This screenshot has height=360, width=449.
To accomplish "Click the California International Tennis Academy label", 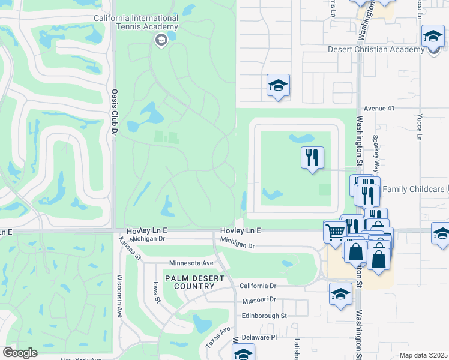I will pyautogui.click(x=136, y=22).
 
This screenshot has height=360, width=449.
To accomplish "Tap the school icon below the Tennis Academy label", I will pyautogui.click(x=161, y=40).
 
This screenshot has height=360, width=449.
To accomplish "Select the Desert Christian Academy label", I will pyautogui.click(x=376, y=50).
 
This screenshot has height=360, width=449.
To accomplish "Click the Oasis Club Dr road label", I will pyautogui.click(x=114, y=112).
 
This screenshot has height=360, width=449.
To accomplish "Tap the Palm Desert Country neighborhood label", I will pyautogui.click(x=190, y=282).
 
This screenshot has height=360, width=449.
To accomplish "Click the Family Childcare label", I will pyautogui.click(x=414, y=189).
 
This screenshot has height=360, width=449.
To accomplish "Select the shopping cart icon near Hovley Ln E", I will pyautogui.click(x=335, y=231).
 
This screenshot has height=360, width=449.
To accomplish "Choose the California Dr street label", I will pyautogui.click(x=258, y=286).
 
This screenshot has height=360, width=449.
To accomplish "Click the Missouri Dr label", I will pyautogui.click(x=259, y=299).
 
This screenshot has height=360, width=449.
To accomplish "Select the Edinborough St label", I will pyautogui.click(x=264, y=315).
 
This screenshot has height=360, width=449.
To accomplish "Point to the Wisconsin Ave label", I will pyautogui.click(x=120, y=296).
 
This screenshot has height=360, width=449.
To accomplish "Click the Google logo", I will pyautogui.click(x=20, y=353).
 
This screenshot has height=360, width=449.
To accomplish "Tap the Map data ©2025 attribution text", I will pyautogui.click(x=423, y=355).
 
